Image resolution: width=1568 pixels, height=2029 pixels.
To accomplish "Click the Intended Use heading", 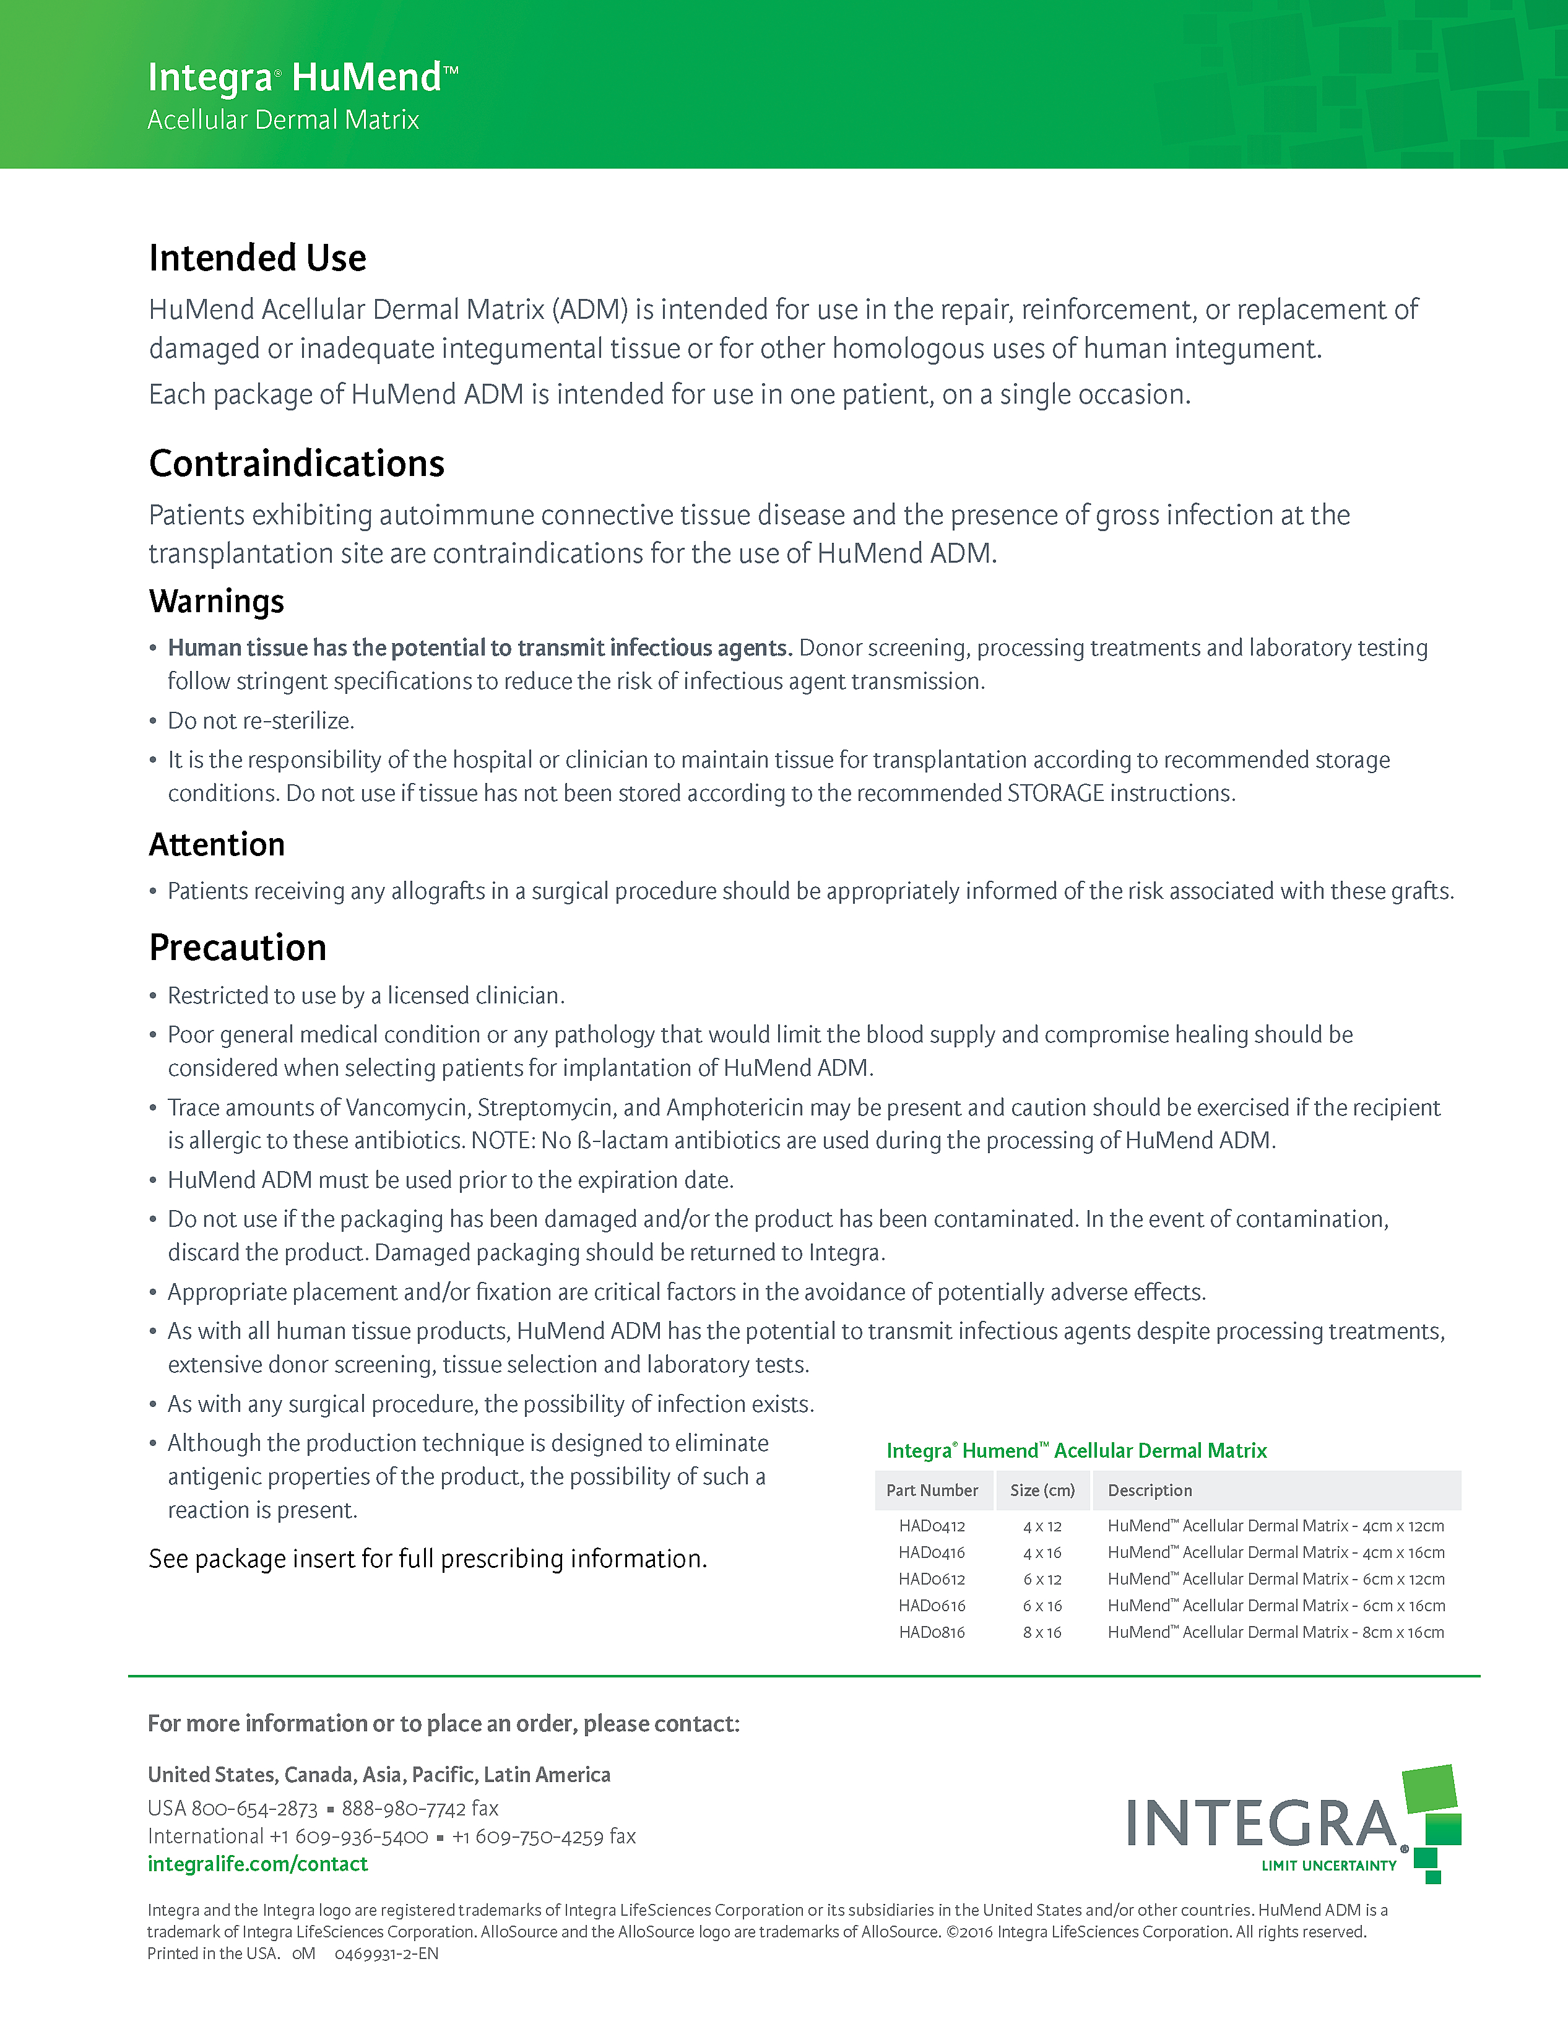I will coord(258,258).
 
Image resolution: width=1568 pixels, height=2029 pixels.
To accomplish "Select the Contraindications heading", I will coord(297,464).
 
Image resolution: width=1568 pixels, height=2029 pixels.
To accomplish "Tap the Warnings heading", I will coord(217,601).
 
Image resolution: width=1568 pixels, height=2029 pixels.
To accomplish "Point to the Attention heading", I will coord(217,844).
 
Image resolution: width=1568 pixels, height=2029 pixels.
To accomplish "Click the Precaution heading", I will coord(238,948).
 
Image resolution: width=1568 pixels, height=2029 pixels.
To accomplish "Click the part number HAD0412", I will coord(932,1526).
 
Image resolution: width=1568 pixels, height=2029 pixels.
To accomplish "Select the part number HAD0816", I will coord(932,1632).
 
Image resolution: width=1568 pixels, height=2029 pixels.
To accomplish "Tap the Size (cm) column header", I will coord(1042,1490).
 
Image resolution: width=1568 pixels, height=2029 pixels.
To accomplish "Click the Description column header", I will coord(1150,1490).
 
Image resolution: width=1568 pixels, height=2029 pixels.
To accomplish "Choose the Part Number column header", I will coord(932,1490).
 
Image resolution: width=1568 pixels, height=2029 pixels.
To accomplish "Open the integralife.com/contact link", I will coord(258,1864).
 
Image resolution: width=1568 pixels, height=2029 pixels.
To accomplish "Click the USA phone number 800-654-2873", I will coord(254,1808).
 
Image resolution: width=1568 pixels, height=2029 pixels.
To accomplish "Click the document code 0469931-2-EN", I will coord(386,1953).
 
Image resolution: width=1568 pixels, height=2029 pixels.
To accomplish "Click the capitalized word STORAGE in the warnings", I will coord(1055,794).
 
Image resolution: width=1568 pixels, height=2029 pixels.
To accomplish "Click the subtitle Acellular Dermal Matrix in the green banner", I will coord(284,120).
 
